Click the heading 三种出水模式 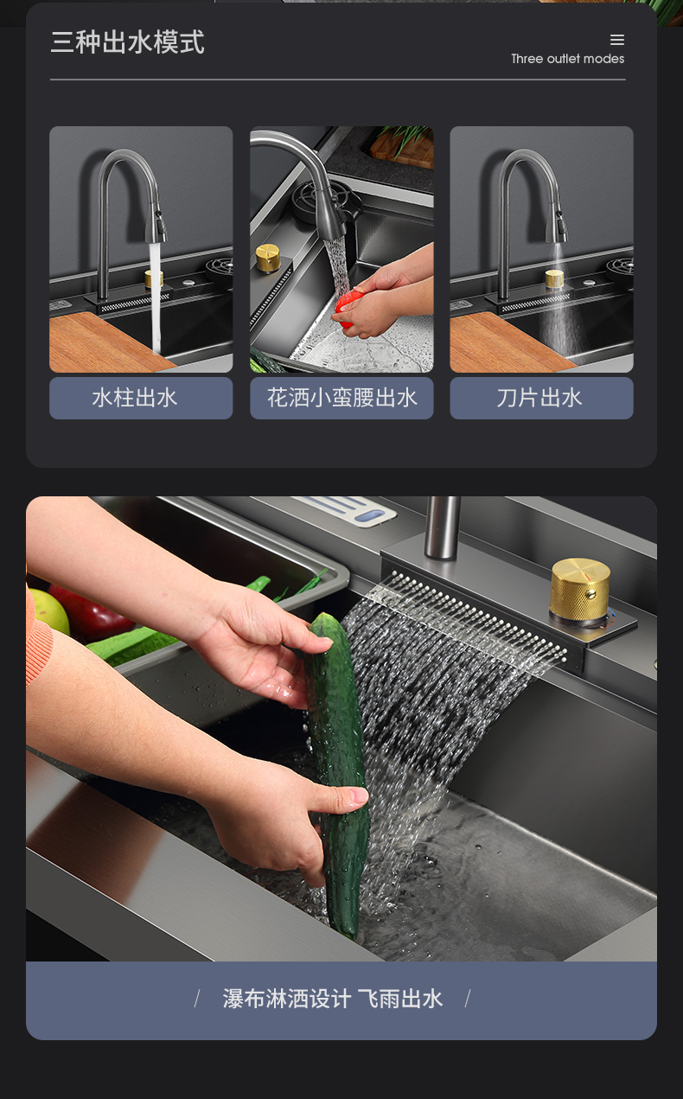(x=127, y=42)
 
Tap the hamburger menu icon (x=617, y=40)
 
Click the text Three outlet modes (x=568, y=59)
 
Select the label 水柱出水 (x=135, y=398)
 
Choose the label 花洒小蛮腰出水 (x=341, y=398)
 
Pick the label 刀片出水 (x=539, y=398)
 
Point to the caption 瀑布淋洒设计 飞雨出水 (x=333, y=999)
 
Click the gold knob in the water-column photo (x=154, y=278)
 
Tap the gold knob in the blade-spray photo (x=554, y=278)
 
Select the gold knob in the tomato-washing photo (x=268, y=257)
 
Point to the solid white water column (x=155, y=297)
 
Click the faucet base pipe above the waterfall (x=442, y=527)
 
